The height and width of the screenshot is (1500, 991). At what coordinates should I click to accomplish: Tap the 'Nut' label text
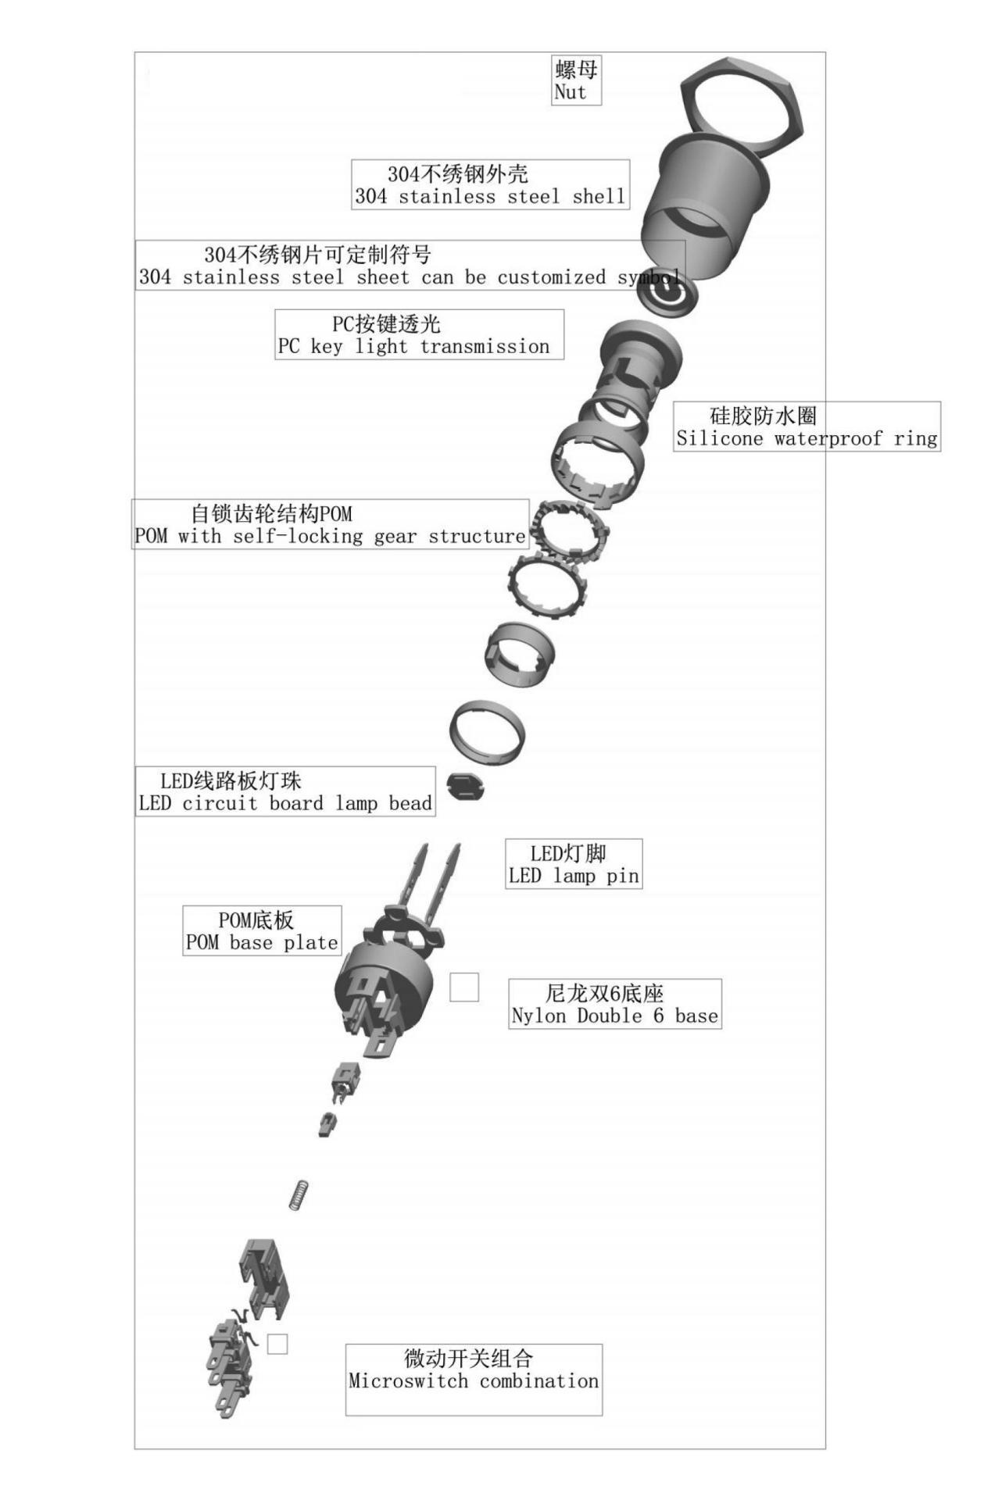570,92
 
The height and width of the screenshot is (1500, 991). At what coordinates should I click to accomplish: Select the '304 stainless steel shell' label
490,184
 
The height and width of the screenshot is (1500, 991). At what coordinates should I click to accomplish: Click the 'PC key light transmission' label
419,334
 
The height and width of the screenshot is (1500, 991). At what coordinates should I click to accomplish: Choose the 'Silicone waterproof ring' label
807,427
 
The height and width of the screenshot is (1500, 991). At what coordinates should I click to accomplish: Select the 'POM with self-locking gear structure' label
330,524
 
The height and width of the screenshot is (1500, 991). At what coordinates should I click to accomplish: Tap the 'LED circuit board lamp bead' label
285,791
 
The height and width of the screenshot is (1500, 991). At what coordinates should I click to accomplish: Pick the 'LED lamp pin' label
574,864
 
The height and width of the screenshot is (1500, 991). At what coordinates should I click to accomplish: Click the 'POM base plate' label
262,930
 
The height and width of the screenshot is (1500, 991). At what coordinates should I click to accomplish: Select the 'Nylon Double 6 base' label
614,1004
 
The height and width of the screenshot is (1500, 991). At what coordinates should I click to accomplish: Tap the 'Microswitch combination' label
474,1380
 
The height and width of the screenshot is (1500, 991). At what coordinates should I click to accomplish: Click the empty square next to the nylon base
464,987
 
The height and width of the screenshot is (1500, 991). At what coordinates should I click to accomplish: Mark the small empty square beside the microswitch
277,1344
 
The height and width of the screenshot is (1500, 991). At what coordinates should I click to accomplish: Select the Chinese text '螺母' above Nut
576,70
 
